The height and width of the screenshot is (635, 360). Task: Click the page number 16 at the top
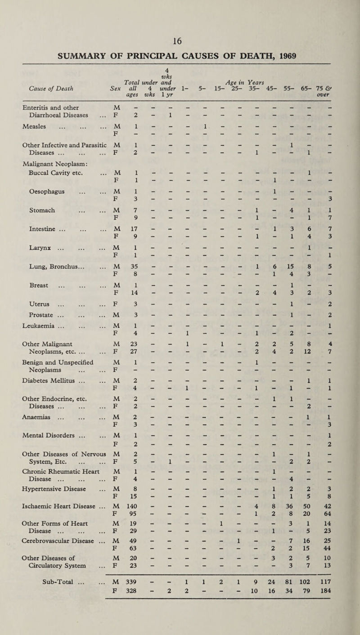[180, 8]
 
